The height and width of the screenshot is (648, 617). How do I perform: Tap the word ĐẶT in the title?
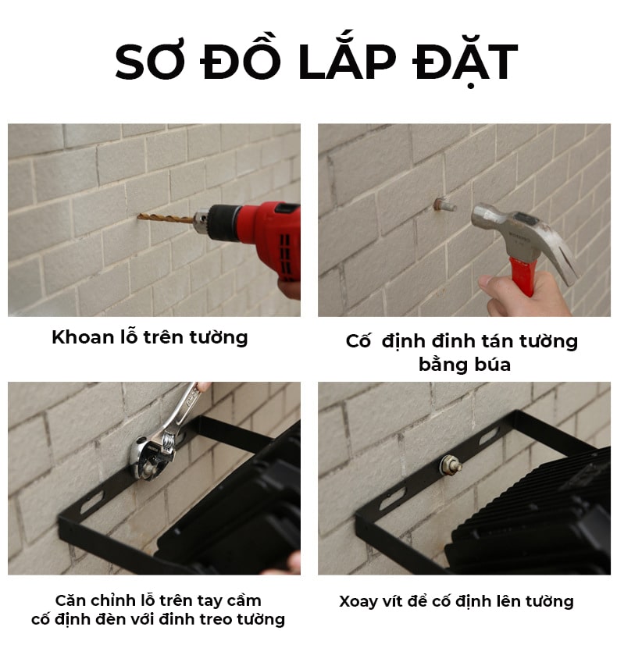pyautogui.click(x=465, y=62)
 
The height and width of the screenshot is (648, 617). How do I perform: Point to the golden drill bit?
pyautogui.click(x=166, y=218)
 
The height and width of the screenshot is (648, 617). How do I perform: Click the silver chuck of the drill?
pyautogui.click(x=202, y=222)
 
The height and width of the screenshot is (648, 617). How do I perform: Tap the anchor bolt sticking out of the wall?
pyautogui.click(x=444, y=205)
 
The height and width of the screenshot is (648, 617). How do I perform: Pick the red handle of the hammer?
pyautogui.click(x=522, y=275)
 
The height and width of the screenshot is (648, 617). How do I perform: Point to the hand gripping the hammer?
pyautogui.click(x=525, y=295)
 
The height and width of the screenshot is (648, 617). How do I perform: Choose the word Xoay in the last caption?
pyautogui.click(x=357, y=601)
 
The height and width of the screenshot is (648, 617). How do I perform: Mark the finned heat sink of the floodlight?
pyautogui.click(x=533, y=508)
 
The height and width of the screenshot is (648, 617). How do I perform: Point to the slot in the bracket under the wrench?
pyautogui.click(x=91, y=502)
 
